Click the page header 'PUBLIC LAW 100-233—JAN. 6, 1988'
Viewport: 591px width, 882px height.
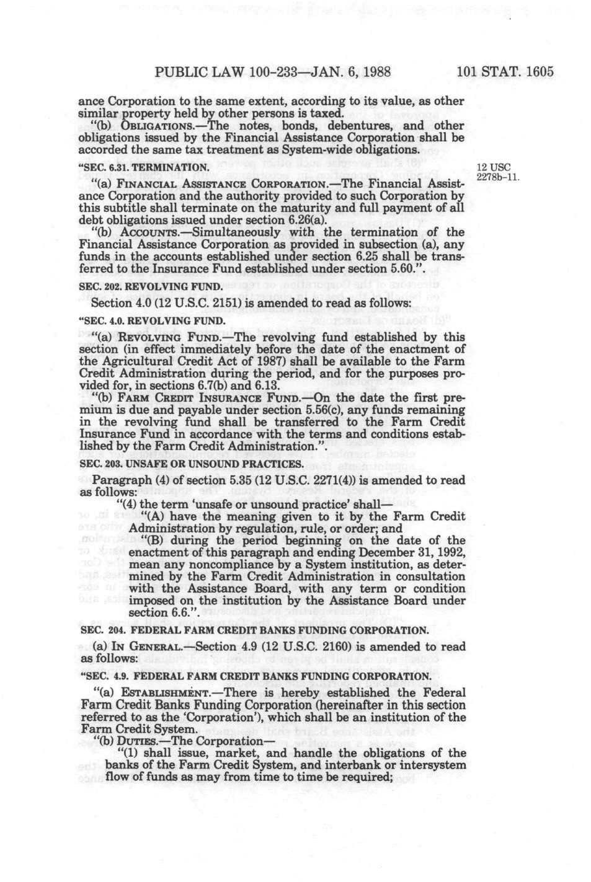[272, 71]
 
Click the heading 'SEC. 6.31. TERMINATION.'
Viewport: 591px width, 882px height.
[144, 168]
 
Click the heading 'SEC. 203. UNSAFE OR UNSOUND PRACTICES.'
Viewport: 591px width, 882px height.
[182, 464]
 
